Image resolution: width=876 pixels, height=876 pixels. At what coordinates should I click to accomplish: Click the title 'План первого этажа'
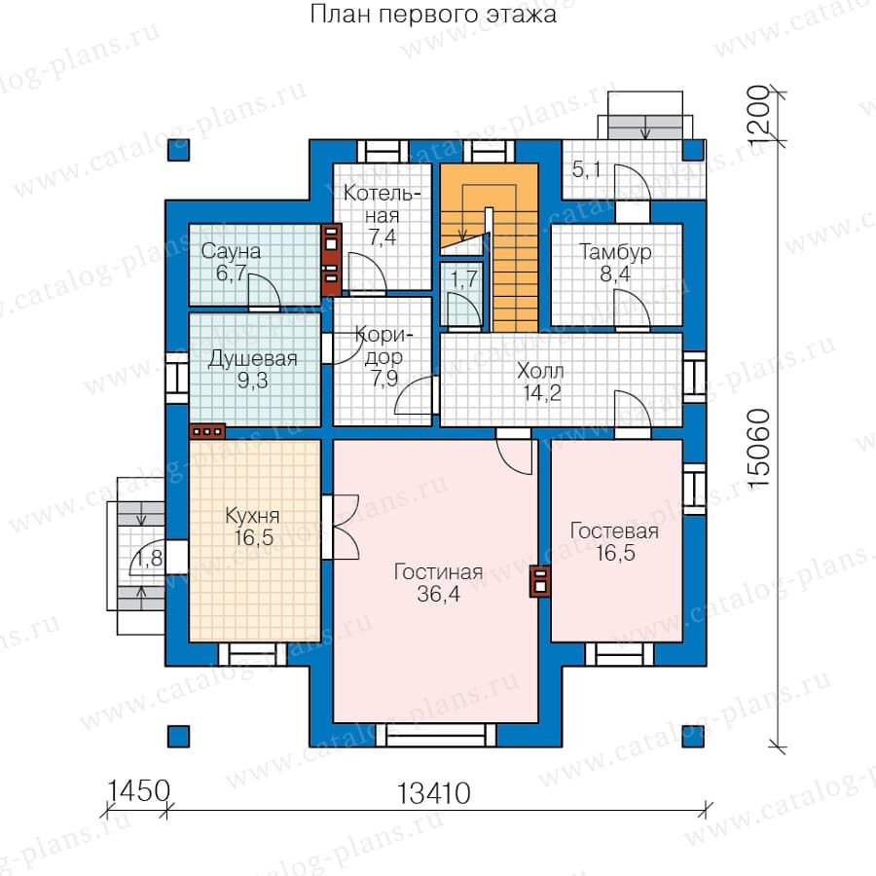point(433,15)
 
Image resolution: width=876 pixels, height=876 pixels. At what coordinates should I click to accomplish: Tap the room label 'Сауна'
point(231,251)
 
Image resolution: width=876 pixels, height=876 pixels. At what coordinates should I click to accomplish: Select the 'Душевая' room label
point(252,358)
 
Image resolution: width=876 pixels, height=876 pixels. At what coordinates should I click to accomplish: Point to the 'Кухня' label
point(252,516)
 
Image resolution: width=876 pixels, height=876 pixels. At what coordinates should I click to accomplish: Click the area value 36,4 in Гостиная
point(439,594)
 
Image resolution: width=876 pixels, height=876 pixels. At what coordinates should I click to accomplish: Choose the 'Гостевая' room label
point(614,530)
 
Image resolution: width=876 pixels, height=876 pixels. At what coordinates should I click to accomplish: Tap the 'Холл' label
point(540,371)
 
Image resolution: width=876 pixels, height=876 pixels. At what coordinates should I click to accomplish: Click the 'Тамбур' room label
point(615,252)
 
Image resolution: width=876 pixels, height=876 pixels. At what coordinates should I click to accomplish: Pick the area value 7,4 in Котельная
point(383,237)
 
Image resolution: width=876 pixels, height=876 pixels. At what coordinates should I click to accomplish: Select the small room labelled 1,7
point(461,293)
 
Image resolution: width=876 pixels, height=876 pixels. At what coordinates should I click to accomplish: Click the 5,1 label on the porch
point(586,168)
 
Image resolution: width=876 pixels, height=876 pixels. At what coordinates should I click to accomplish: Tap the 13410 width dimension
point(433,794)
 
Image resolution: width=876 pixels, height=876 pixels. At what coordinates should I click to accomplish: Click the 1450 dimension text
point(137,791)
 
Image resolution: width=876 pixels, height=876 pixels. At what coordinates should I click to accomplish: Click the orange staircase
point(489,246)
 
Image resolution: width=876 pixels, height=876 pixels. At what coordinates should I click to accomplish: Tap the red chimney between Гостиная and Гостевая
point(540,582)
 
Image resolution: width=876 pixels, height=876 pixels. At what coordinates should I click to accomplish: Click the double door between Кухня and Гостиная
point(340,527)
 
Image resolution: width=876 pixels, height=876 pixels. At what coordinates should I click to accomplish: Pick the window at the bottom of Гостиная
point(435,735)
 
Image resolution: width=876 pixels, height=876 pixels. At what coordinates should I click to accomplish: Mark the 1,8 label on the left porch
point(149,558)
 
